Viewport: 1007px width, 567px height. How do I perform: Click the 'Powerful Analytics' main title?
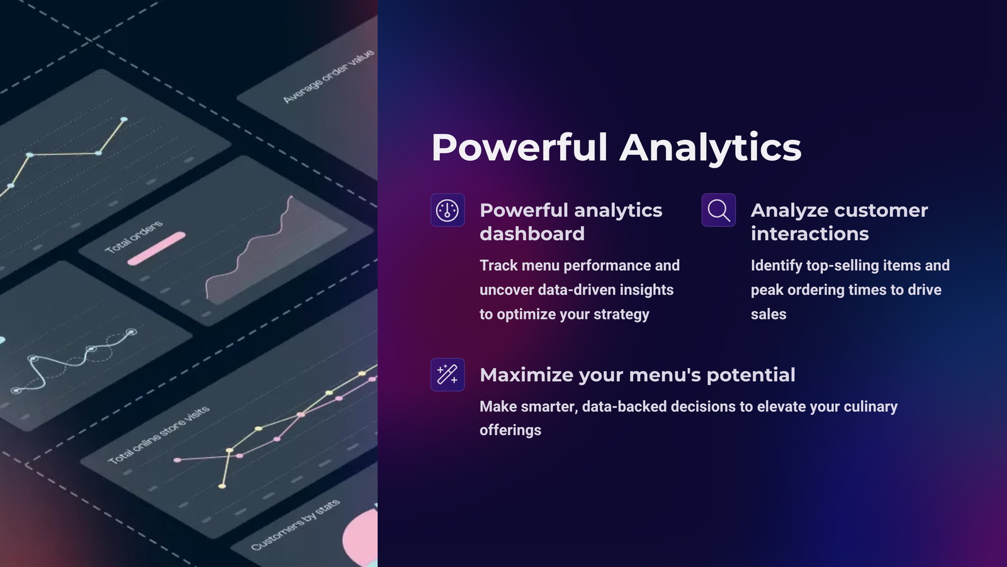point(616,147)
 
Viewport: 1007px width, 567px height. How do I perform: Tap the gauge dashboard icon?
point(447,210)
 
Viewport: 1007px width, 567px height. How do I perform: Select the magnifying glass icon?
point(718,210)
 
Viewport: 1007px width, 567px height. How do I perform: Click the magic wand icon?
point(447,374)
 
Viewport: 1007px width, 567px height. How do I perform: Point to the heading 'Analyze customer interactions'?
point(839,222)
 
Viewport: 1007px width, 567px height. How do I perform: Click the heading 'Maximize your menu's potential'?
point(638,375)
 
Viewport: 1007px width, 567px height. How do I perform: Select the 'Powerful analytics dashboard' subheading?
point(571,222)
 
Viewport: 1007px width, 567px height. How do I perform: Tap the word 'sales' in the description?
point(768,314)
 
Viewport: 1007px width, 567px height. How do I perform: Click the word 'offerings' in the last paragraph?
point(510,430)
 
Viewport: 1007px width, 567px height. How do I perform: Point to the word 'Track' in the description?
point(498,265)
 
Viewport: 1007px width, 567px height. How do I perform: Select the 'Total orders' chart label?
point(133,237)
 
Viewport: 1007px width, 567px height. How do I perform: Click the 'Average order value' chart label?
point(329,76)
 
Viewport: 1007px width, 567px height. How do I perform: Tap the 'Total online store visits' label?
point(159,435)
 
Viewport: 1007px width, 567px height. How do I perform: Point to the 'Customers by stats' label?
point(295,525)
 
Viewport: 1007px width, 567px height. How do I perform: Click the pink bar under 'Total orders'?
point(157,248)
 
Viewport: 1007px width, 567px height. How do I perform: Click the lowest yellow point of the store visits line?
point(222,486)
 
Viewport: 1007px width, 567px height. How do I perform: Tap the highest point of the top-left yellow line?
point(123,119)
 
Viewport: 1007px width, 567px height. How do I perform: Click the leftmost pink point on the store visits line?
point(177,460)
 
